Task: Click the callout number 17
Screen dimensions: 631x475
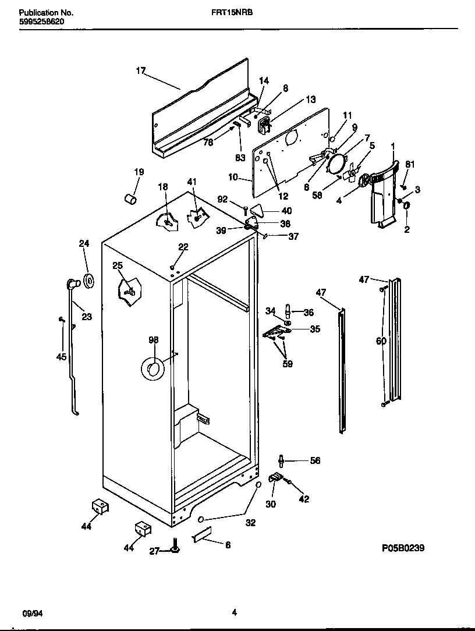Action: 140,71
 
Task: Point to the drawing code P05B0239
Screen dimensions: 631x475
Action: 403,548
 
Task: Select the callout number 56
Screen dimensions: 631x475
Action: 315,460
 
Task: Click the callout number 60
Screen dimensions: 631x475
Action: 381,341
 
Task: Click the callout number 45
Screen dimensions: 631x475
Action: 61,357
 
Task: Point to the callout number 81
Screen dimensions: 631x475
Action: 410,165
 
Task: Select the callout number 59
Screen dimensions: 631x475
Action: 287,364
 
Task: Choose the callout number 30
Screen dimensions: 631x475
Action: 271,504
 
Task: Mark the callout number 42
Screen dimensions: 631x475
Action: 304,499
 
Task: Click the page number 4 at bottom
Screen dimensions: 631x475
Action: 234,612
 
